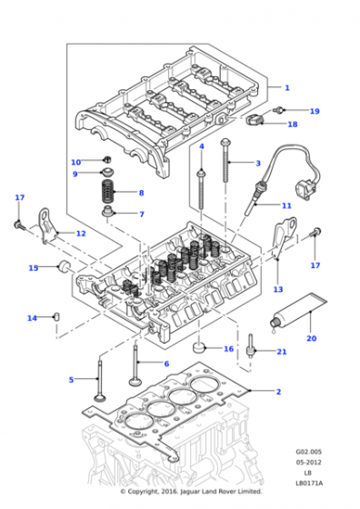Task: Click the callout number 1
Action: (x=287, y=87)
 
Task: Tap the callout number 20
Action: (x=311, y=338)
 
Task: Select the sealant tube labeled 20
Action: (x=298, y=313)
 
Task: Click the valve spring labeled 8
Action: (x=108, y=191)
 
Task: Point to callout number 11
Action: (x=286, y=205)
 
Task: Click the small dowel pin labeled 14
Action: (x=56, y=316)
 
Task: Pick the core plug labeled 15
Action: (x=63, y=266)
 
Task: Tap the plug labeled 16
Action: (x=199, y=346)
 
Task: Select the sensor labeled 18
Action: (x=255, y=120)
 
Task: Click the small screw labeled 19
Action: (x=279, y=109)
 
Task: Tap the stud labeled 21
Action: (x=250, y=346)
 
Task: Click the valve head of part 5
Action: (x=98, y=397)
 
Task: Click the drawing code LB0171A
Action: (x=309, y=484)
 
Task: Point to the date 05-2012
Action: (x=308, y=463)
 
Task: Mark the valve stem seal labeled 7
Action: (x=107, y=211)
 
